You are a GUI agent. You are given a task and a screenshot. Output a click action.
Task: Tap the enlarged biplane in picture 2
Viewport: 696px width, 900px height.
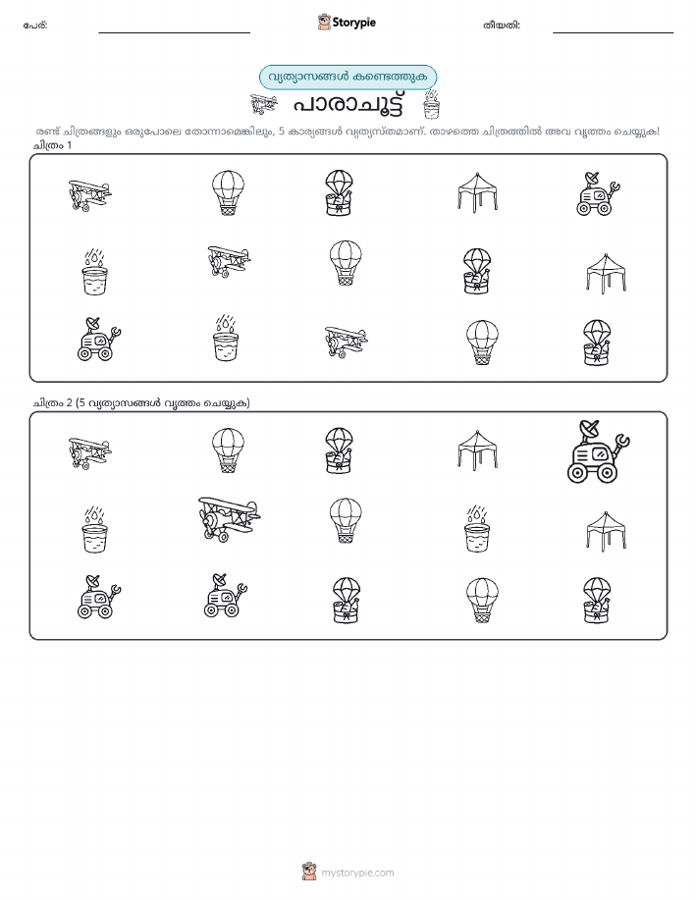(x=229, y=519)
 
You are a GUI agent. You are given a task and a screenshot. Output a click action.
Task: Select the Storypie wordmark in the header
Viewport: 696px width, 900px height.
(x=353, y=23)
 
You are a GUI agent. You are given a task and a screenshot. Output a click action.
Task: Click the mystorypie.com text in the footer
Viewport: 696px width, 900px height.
(x=357, y=873)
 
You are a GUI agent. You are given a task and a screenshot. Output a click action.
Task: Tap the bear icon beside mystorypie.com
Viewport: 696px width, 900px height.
(x=309, y=872)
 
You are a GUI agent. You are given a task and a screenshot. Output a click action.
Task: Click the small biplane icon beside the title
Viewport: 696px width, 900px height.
(x=264, y=104)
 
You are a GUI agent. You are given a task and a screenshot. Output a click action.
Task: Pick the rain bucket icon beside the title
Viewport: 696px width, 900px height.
(x=431, y=104)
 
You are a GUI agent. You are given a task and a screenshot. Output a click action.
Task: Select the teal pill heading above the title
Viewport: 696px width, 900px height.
(x=348, y=78)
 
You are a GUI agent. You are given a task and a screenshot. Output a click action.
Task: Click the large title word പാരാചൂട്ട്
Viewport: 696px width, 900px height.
(x=348, y=104)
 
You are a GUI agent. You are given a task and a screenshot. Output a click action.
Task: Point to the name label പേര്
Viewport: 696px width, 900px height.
(x=35, y=26)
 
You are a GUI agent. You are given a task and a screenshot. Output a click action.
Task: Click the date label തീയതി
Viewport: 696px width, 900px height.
(x=502, y=26)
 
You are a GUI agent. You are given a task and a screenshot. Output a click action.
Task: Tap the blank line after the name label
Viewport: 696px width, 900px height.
(x=174, y=32)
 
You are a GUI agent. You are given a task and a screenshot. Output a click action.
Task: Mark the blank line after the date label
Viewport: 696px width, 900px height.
(x=613, y=32)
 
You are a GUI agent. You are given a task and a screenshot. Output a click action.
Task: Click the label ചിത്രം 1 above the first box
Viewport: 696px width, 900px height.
(x=52, y=145)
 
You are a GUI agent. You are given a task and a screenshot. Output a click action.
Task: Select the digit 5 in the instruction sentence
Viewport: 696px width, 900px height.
(x=282, y=132)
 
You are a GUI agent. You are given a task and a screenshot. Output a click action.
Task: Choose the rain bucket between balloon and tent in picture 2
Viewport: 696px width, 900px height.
(x=477, y=529)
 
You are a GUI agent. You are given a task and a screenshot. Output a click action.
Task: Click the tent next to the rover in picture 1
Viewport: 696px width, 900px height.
(x=477, y=192)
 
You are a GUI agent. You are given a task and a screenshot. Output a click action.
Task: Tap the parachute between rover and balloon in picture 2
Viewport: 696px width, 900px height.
(x=346, y=601)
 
